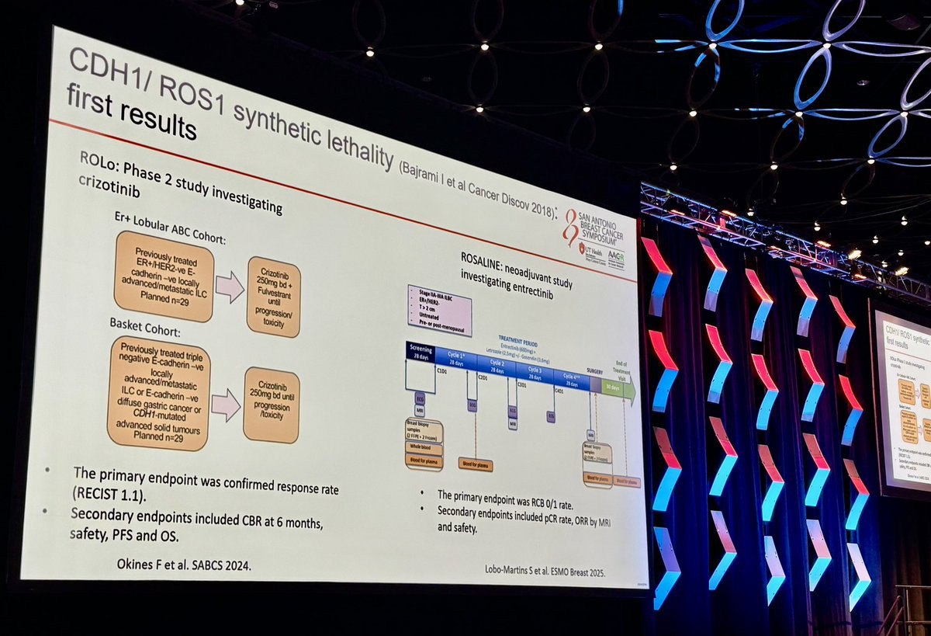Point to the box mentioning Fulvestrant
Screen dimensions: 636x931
(x=272, y=297)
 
